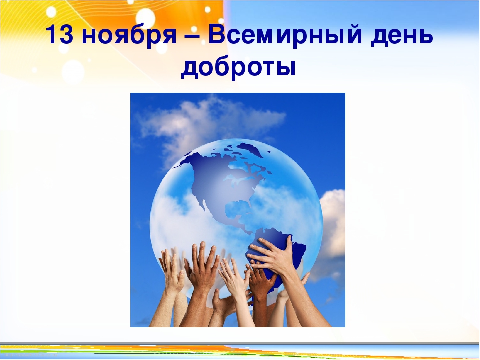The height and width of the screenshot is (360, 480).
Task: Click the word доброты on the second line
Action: coord(239,67)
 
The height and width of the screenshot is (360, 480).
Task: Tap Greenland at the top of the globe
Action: coord(249,149)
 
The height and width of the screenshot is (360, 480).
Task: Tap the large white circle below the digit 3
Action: coord(73,72)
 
